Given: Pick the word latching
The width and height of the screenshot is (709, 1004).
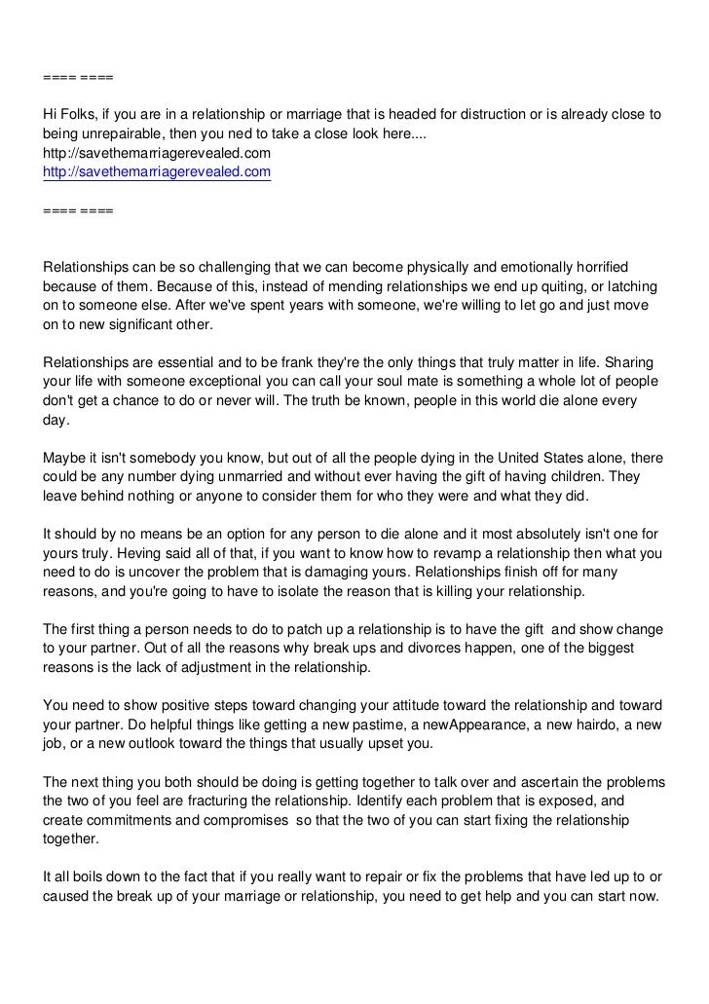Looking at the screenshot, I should (632, 286).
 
